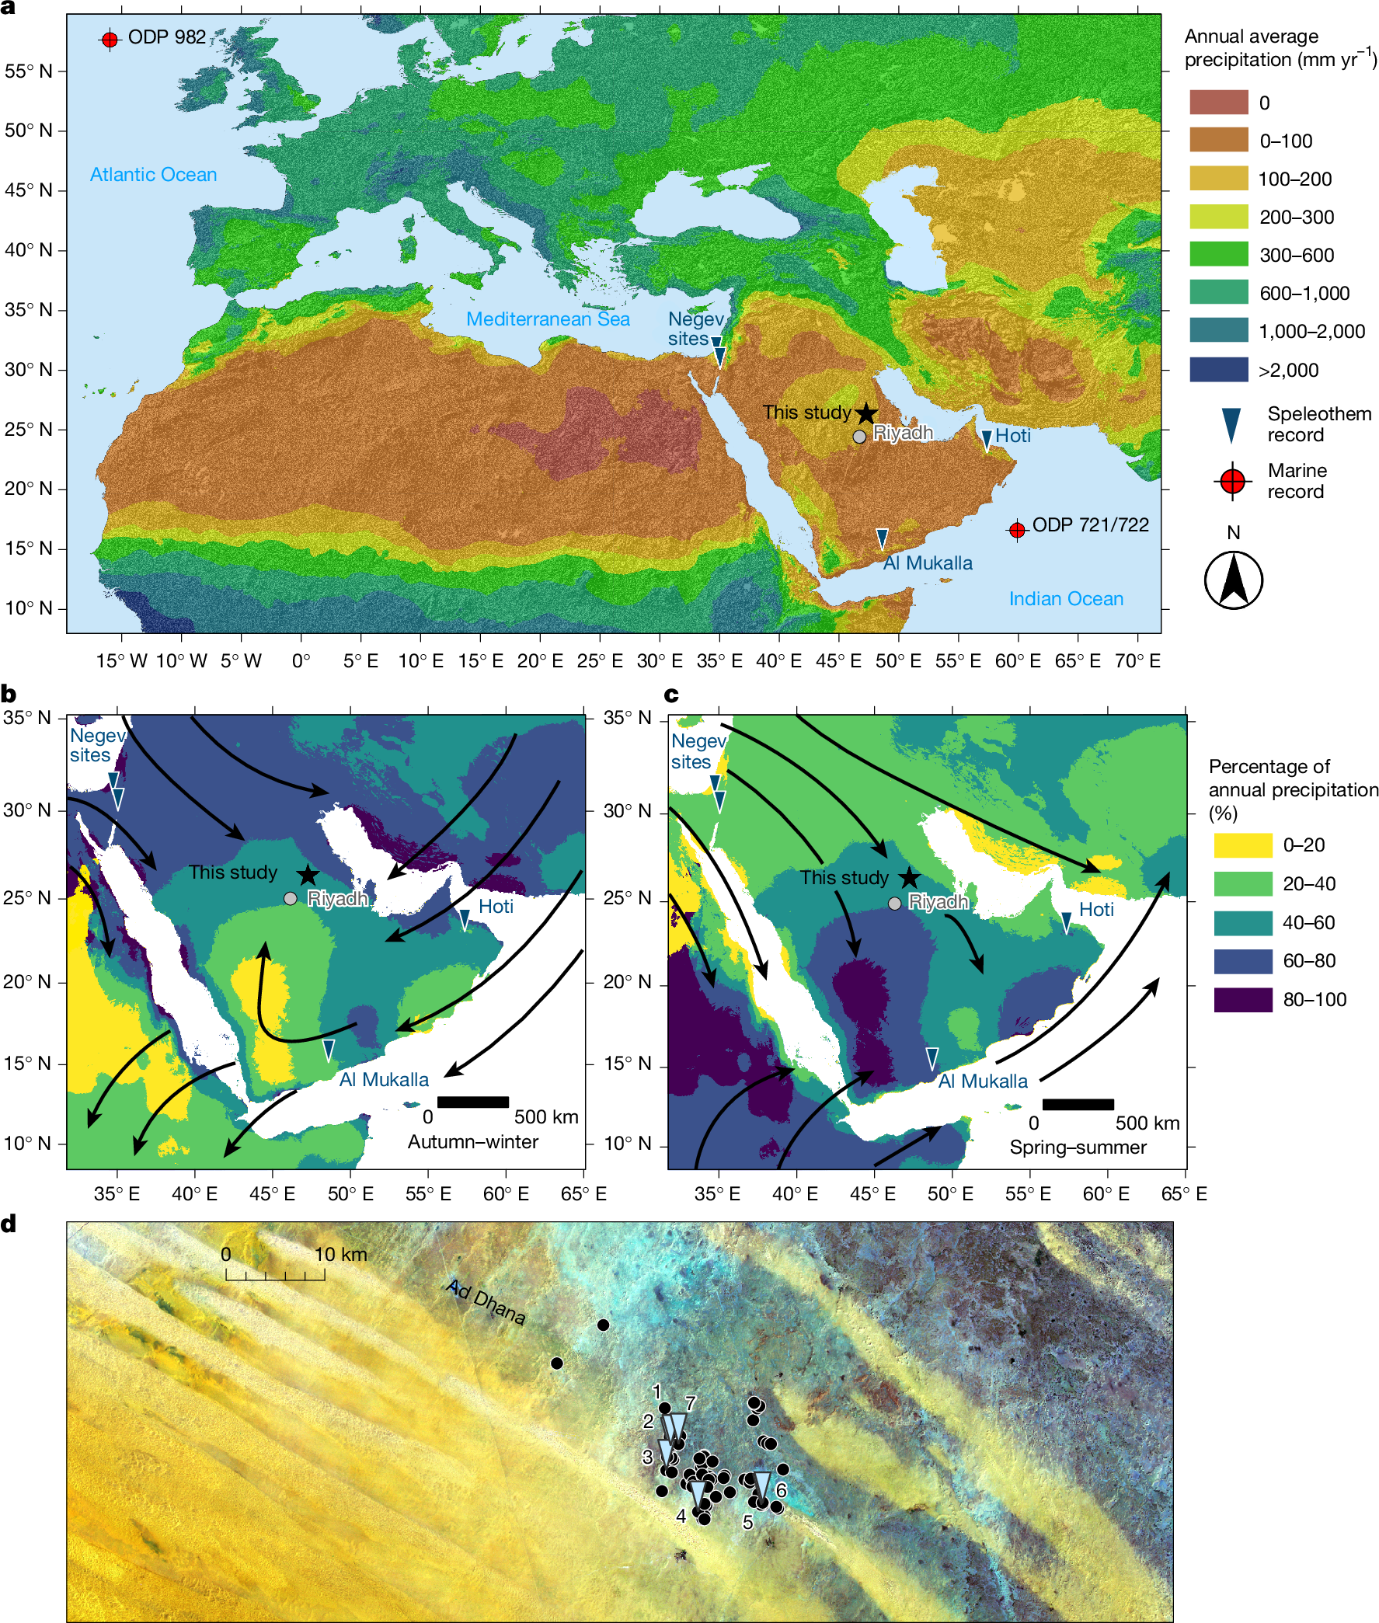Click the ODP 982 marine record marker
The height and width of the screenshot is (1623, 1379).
(x=110, y=39)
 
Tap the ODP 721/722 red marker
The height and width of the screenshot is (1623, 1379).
(x=1016, y=530)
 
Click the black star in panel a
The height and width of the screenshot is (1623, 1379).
(x=866, y=413)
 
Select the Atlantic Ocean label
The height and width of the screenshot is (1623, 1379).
(x=153, y=174)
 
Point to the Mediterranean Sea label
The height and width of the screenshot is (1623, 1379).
(x=547, y=319)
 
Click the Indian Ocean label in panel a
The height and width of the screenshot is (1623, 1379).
(x=1065, y=598)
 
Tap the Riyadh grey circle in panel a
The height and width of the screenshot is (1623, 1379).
(x=859, y=436)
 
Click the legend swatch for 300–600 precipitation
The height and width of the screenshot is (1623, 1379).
(x=1218, y=255)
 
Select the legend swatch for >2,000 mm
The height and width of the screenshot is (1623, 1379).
(x=1218, y=370)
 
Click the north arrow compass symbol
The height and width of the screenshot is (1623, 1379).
(x=1233, y=580)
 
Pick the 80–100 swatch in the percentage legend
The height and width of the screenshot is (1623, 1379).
(x=1242, y=999)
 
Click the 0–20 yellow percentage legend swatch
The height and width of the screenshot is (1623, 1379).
(x=1242, y=845)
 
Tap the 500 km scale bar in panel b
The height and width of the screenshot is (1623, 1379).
(x=473, y=1102)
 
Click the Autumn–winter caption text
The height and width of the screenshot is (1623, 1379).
(x=473, y=1141)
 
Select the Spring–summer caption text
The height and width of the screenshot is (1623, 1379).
(x=1078, y=1147)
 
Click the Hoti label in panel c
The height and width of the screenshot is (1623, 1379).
(x=1096, y=909)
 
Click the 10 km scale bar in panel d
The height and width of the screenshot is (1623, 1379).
(x=275, y=1276)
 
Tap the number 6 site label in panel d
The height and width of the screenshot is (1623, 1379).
(x=780, y=1491)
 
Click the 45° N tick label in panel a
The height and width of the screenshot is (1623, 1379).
(x=29, y=190)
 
